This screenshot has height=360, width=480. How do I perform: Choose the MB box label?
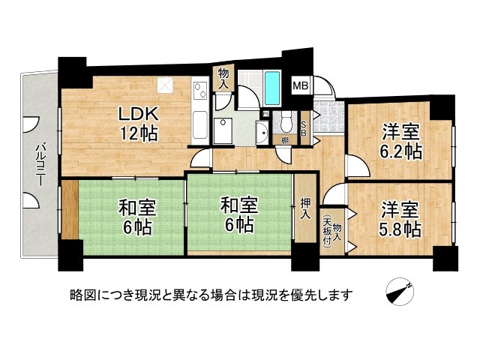(300, 85)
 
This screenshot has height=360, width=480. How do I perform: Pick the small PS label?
(265, 114)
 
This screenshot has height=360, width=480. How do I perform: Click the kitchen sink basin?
(201, 122)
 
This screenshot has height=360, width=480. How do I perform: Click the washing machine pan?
(223, 130)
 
